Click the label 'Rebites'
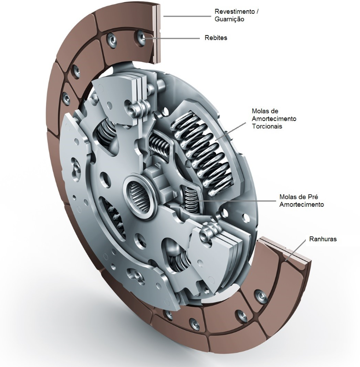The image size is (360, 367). coord(216,38)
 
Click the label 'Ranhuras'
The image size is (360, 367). coord(323,239)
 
